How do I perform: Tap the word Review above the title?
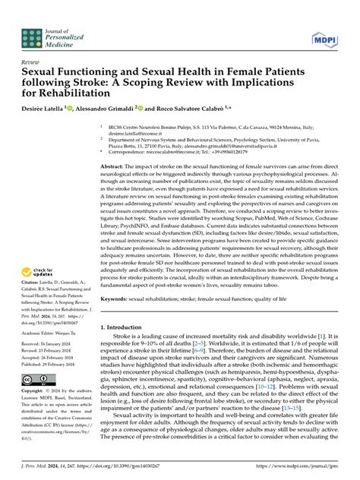point(31,61)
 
